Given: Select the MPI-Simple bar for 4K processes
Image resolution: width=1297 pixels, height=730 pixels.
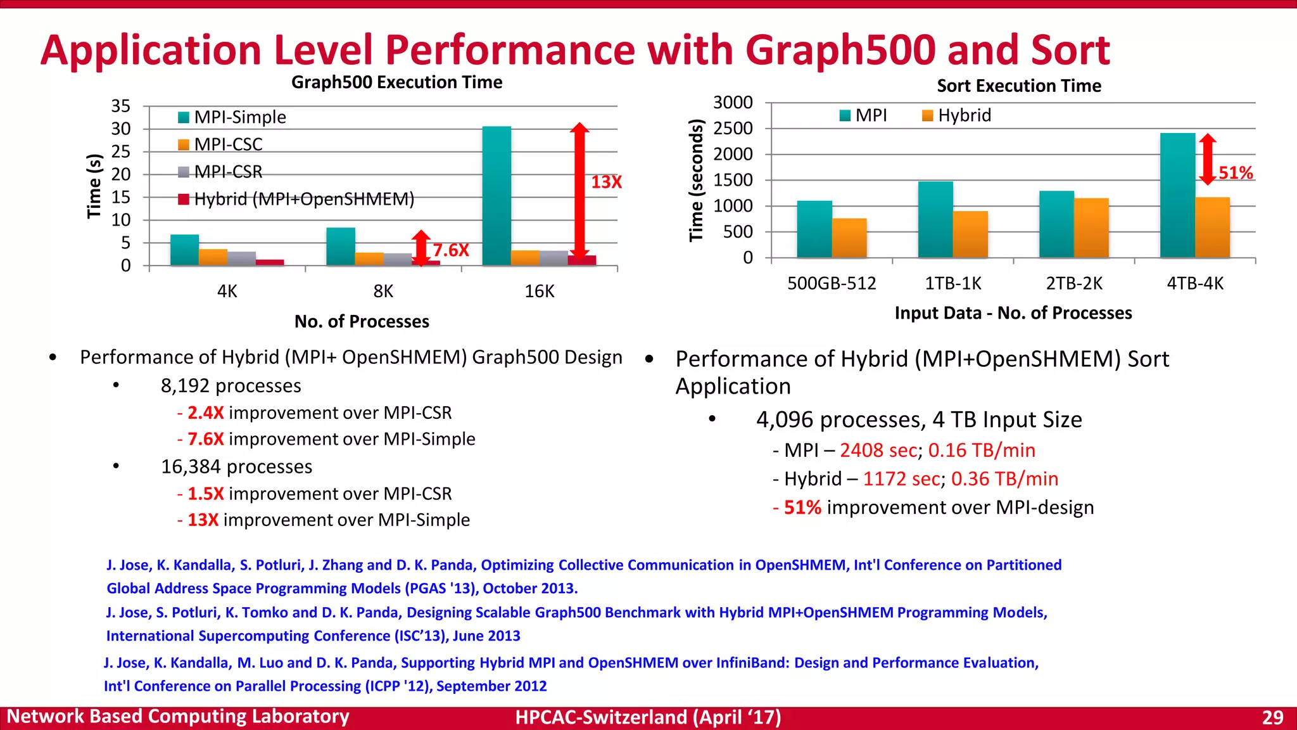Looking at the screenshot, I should pyautogui.click(x=184, y=250).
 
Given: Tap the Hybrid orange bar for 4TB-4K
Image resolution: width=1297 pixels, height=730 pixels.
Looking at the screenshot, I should pyautogui.click(x=1212, y=227).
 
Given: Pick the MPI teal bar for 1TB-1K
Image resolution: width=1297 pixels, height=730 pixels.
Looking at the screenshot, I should pyautogui.click(x=935, y=219).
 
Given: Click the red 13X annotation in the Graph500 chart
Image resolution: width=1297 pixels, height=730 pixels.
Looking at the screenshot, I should pyautogui.click(x=606, y=182).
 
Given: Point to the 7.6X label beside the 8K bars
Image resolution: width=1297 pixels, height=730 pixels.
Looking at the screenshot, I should pyautogui.click(x=451, y=250).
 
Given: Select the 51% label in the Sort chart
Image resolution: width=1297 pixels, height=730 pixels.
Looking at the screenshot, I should pyautogui.click(x=1236, y=173).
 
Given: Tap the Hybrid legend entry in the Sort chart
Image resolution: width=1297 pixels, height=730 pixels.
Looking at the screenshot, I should pyautogui.click(x=964, y=115).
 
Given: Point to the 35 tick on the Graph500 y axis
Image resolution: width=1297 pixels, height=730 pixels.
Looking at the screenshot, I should pyautogui.click(x=120, y=106).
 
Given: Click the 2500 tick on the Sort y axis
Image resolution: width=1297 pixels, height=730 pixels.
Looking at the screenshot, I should pyautogui.click(x=733, y=129).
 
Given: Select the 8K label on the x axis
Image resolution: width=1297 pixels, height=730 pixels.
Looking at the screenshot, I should pyautogui.click(x=383, y=291).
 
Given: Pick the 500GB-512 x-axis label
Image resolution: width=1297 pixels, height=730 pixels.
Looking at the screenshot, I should pyautogui.click(x=832, y=283).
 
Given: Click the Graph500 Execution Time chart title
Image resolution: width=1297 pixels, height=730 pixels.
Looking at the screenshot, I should pyautogui.click(x=396, y=82).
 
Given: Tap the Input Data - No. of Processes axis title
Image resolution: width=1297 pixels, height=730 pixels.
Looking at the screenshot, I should pyautogui.click(x=1013, y=313).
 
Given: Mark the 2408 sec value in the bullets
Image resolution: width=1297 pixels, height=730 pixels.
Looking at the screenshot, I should pyautogui.click(x=878, y=451).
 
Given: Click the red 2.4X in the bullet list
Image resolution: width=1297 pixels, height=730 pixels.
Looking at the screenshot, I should pyautogui.click(x=205, y=413).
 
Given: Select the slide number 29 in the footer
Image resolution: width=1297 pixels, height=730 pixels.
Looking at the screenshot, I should pyautogui.click(x=1272, y=717).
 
